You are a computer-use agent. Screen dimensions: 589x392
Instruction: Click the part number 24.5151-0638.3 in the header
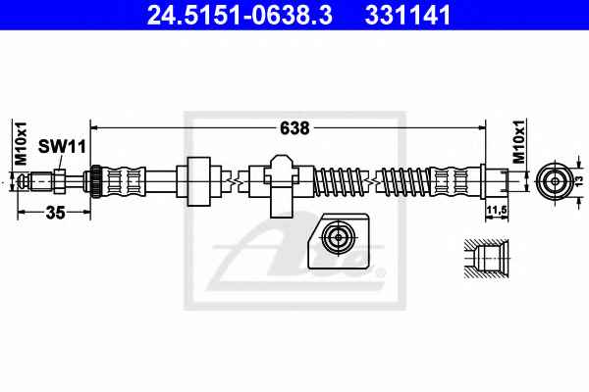click(x=240, y=15)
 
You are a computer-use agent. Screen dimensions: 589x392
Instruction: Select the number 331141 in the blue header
click(x=407, y=15)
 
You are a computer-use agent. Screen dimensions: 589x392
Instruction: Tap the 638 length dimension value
click(x=294, y=128)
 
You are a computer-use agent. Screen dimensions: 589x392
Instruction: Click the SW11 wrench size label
click(x=63, y=146)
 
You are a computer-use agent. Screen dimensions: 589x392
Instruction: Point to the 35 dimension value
click(x=55, y=213)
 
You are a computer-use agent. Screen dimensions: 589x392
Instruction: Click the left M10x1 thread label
click(x=21, y=143)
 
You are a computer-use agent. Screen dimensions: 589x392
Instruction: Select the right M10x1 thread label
click(x=519, y=142)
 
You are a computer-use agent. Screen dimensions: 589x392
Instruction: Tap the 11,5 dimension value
click(x=497, y=211)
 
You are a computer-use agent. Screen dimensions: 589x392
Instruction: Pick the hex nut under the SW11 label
click(x=59, y=181)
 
